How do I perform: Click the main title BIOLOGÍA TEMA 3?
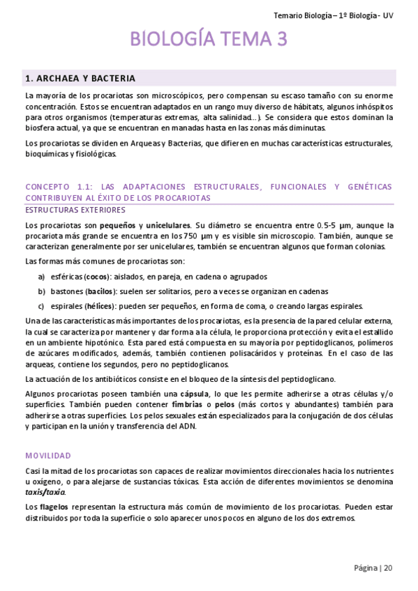point(209,40)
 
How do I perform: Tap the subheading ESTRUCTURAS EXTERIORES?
point(75,210)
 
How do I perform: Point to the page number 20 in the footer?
point(388,568)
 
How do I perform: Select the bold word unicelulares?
point(167,225)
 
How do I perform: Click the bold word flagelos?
point(54,507)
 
